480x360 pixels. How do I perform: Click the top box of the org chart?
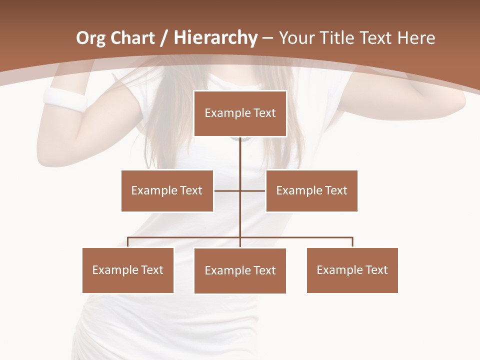240,113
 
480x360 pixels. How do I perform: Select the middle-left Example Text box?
167,190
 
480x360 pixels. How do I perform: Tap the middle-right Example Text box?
311,190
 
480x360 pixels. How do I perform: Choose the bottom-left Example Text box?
128,270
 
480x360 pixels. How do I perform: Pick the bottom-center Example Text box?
240,270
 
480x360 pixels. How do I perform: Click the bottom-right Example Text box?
352,270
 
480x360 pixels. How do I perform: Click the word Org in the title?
90,38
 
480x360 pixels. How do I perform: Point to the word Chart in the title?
133,38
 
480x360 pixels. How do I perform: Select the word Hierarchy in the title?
215,38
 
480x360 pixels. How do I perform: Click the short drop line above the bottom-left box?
128,242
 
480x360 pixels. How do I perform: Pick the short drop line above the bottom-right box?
352,242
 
